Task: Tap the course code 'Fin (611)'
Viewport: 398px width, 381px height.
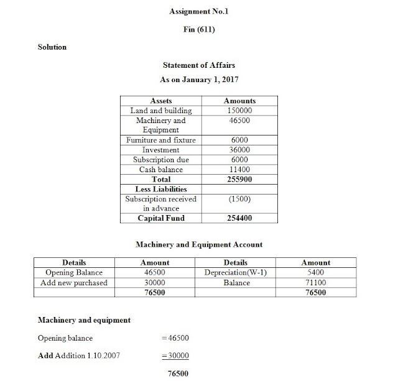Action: (198, 29)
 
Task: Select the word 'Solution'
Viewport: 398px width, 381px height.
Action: (52, 47)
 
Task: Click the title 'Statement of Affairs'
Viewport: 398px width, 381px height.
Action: (198, 65)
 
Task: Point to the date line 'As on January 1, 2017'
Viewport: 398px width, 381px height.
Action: (198, 80)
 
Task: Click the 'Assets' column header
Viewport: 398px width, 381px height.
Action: (162, 101)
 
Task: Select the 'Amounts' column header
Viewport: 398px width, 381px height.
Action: (239, 101)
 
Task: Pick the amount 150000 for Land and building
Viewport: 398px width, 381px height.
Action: (239, 111)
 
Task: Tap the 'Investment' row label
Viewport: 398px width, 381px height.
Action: (162, 150)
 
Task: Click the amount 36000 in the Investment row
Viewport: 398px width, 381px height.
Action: (239, 150)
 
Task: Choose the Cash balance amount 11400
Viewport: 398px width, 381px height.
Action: (239, 170)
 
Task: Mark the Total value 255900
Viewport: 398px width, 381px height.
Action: (239, 179)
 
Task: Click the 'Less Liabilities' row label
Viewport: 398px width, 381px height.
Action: (162, 189)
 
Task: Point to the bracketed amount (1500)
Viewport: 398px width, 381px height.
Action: (239, 199)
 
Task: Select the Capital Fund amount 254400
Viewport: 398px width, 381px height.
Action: (239, 218)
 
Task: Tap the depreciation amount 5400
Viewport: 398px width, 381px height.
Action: (315, 273)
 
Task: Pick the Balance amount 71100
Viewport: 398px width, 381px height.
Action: (315, 283)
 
